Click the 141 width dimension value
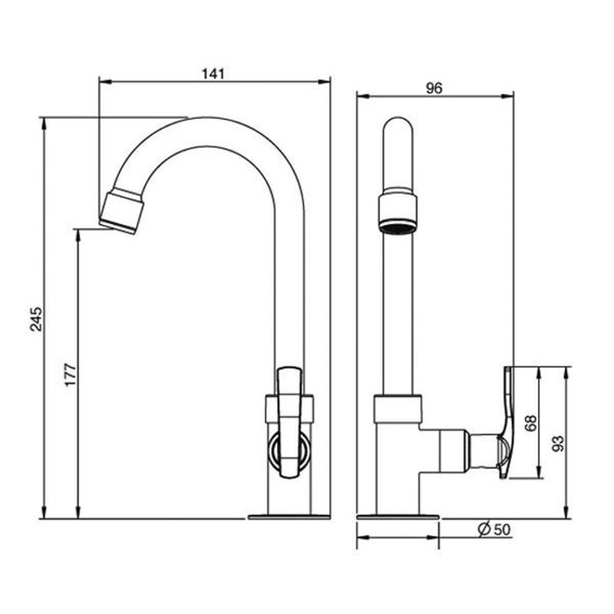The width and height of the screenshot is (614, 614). point(213,74)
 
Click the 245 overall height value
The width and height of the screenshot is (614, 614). point(36,319)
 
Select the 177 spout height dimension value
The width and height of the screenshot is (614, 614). point(71,375)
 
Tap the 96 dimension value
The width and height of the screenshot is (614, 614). point(434,88)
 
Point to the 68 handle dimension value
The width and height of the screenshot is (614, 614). point(530,423)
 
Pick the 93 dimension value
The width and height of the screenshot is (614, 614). point(559,444)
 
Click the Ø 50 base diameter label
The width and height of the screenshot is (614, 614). point(494,530)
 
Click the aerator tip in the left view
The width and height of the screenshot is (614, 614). point(121,212)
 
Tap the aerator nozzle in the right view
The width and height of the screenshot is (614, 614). point(398,212)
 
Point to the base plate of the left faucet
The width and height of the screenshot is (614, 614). point(289,517)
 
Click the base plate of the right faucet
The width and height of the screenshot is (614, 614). point(398,517)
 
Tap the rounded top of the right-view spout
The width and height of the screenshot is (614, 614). point(398,124)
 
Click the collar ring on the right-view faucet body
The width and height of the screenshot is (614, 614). point(398,409)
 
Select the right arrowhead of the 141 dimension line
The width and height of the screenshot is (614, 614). point(325,81)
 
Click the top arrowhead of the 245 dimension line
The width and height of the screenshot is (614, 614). point(44,123)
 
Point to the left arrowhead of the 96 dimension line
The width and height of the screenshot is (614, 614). point(363,96)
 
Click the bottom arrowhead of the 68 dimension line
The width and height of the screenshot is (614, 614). point(540,472)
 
